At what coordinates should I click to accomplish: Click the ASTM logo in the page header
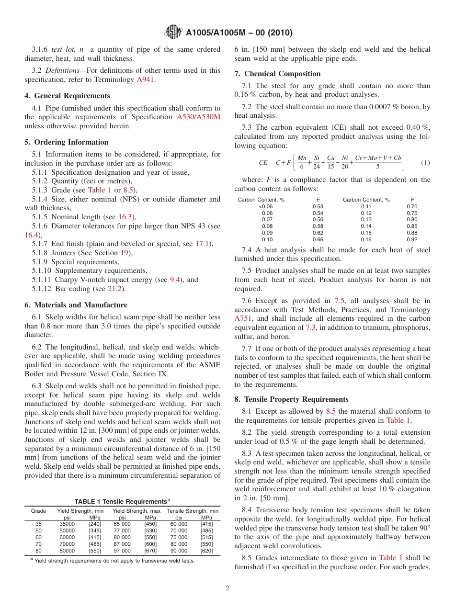coord(173,32)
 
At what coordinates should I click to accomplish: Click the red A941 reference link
coord(146,79)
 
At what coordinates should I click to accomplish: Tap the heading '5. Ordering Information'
coord(67,142)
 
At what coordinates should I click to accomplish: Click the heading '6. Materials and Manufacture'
coord(76,305)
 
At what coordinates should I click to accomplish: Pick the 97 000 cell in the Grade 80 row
coord(122,551)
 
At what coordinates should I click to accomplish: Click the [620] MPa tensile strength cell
coord(207,551)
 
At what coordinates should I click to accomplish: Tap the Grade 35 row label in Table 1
coord(38,524)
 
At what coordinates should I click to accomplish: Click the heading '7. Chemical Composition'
coord(277,74)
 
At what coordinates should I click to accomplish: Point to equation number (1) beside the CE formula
coord(425,163)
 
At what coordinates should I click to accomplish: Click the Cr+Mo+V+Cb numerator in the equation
coord(378,158)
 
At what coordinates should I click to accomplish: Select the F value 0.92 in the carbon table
coord(412,239)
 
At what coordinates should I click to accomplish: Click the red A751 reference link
coord(242,318)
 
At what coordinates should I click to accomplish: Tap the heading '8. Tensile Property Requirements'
coord(291,399)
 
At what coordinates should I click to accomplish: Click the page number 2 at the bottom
coord(227,588)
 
